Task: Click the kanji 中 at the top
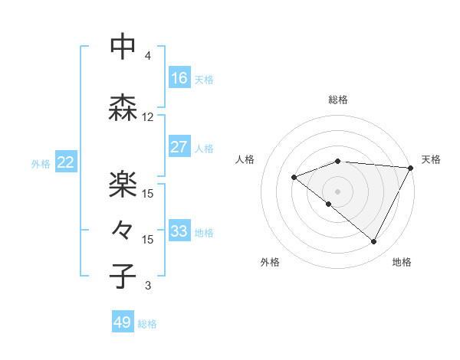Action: point(123,47)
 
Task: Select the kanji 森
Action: point(123,107)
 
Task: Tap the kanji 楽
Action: point(123,185)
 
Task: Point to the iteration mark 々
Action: point(123,229)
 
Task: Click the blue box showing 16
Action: point(179,78)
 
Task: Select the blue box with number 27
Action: point(179,147)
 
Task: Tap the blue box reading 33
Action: point(179,231)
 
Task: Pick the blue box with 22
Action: point(65,162)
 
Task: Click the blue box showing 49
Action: point(123,322)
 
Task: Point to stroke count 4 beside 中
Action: point(148,56)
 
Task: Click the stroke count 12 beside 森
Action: point(148,117)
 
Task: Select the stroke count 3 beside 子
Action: point(148,286)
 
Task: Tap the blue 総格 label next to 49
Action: point(147,324)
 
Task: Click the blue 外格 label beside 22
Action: point(41,163)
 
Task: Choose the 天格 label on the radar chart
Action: point(431,159)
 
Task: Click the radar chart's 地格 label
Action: point(402,263)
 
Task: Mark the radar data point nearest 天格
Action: point(411,168)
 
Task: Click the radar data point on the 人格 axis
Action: point(294,178)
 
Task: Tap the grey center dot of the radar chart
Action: point(337,191)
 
